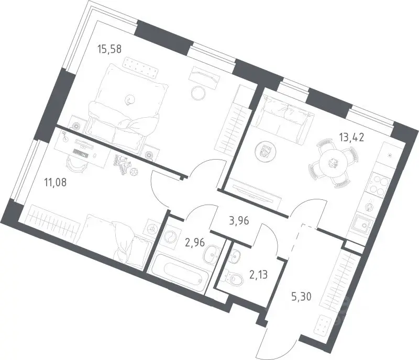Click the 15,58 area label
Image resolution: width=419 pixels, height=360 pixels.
pyautogui.click(x=109, y=49)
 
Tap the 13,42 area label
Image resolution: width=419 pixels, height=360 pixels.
pyautogui.click(x=351, y=138)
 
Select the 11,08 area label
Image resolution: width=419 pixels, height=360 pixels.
pyautogui.click(x=56, y=183)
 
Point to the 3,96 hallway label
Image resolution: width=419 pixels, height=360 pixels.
pyautogui.click(x=239, y=221)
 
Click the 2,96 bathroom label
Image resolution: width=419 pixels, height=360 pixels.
pyautogui.click(x=195, y=242)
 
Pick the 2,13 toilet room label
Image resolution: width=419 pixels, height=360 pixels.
pyautogui.click(x=258, y=274)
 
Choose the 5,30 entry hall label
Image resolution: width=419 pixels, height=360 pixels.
pyautogui.click(x=301, y=296)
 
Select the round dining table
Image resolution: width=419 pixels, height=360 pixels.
pyautogui.click(x=333, y=163)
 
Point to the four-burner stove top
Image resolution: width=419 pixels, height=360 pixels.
pyautogui.click(x=377, y=184)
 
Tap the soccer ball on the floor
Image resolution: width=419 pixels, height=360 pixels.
pyautogui.click(x=134, y=172)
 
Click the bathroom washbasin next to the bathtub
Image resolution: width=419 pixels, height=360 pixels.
pyautogui.click(x=212, y=254)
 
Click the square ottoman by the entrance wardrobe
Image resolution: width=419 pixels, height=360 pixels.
pyautogui.click(x=322, y=324)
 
